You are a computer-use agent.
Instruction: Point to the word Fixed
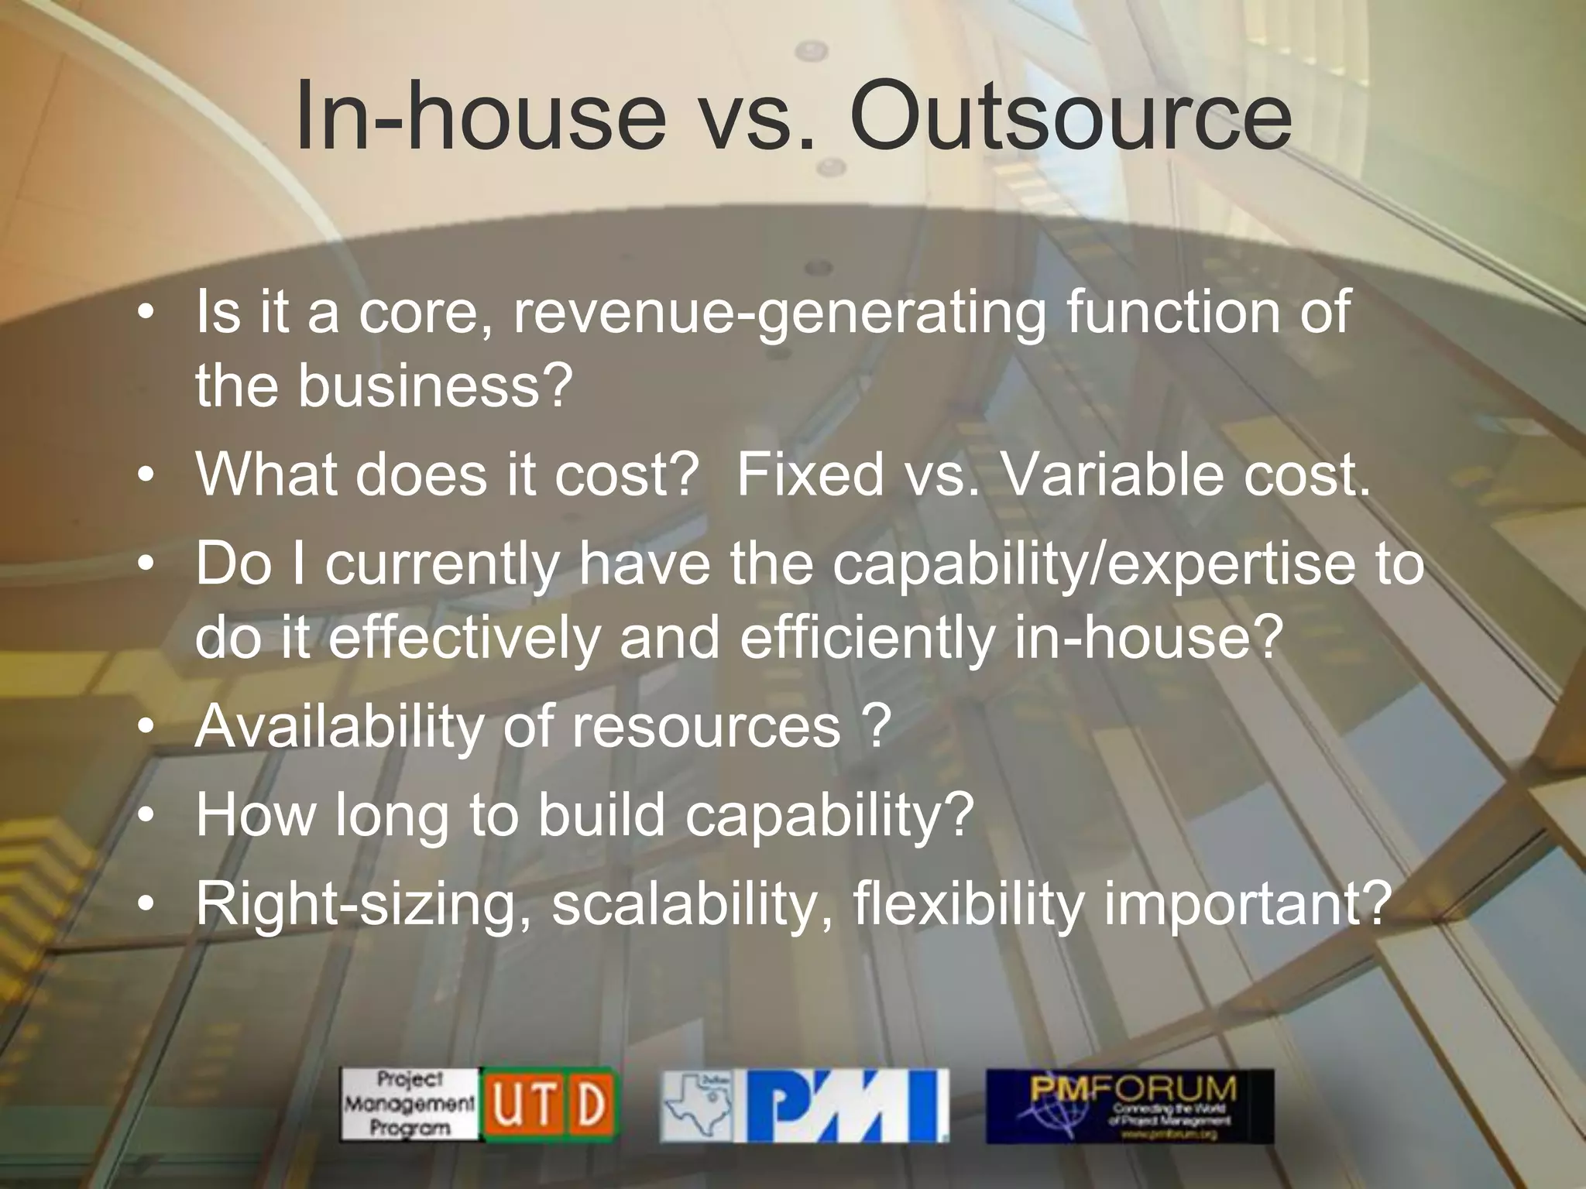(x=810, y=474)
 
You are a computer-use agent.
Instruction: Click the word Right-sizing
(x=362, y=904)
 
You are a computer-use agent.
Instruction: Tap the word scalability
(x=692, y=904)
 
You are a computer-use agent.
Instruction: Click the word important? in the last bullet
(x=1244, y=904)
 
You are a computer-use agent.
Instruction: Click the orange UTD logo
(x=550, y=1105)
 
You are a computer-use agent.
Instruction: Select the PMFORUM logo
(x=1129, y=1105)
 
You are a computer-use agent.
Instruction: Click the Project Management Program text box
(x=409, y=1105)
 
